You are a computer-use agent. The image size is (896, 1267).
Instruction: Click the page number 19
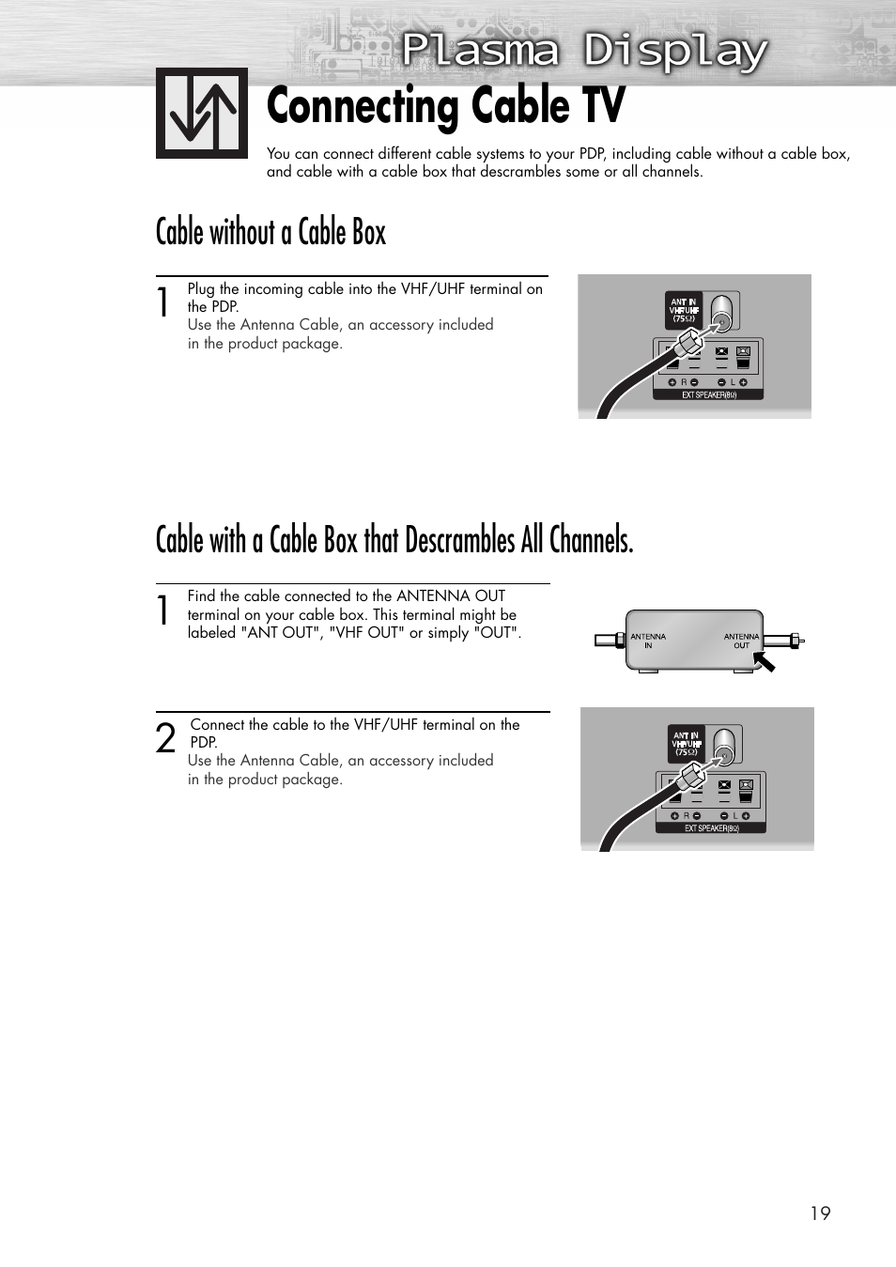(820, 1213)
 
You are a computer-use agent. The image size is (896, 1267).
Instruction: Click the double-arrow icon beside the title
(202, 114)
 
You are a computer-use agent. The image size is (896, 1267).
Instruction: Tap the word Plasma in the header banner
(480, 51)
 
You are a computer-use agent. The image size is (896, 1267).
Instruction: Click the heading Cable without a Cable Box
(270, 232)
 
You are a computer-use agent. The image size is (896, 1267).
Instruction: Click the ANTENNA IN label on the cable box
(648, 641)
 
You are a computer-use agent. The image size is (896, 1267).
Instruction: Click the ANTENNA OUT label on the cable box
(741, 641)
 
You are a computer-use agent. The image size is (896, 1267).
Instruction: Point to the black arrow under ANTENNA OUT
(765, 662)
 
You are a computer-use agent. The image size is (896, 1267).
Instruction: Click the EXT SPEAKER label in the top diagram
(708, 395)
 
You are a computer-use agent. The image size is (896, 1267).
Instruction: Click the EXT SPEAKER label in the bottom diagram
(711, 828)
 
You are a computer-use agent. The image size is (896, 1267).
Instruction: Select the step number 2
(165, 739)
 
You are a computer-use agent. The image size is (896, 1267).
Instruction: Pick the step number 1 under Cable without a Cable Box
(163, 302)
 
